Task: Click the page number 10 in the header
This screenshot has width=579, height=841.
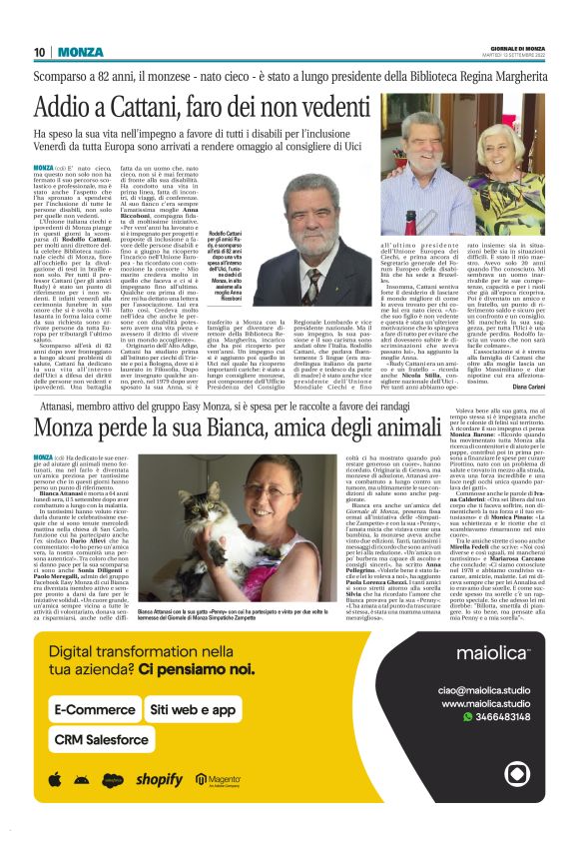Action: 40,52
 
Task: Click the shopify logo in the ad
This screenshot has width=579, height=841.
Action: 160,779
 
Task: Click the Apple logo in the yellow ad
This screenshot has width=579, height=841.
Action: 54,779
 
